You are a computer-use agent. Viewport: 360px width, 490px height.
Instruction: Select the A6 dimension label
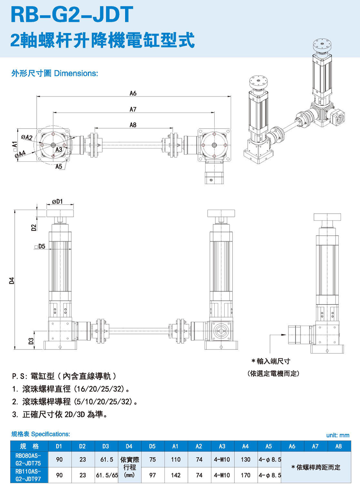133,93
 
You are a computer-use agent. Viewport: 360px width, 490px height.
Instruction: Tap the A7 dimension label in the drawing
133,109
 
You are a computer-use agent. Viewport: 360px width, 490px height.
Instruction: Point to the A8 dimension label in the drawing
133,125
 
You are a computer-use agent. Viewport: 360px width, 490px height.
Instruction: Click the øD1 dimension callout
57,201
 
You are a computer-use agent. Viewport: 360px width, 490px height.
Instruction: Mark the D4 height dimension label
12,280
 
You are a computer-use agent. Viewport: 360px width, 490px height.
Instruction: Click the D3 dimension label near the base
31,340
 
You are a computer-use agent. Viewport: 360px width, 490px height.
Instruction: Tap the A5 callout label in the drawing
59,166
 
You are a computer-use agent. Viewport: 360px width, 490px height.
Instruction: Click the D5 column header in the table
152,446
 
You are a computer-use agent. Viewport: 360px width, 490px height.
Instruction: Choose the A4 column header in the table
245,446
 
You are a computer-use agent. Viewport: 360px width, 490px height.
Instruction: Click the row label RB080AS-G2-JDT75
28,459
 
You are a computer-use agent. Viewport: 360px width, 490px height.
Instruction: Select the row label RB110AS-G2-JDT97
28,475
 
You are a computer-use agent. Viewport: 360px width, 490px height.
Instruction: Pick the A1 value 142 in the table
176,475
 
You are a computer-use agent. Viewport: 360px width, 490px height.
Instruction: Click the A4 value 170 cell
246,475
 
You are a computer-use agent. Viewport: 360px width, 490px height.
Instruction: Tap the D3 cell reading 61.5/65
107,475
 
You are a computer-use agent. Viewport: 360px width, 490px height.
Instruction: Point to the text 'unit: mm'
338,435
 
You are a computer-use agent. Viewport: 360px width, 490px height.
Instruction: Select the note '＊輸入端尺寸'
271,361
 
